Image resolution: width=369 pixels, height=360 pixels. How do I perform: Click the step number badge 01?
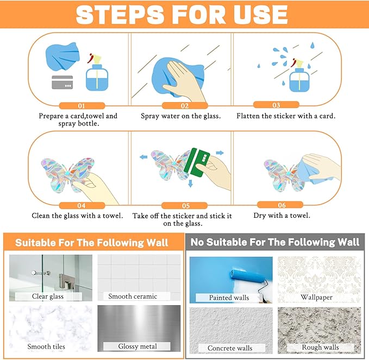(x=81, y=106)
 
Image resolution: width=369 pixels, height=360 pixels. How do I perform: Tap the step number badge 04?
(x=81, y=206)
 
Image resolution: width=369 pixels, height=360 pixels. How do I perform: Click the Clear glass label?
(x=48, y=296)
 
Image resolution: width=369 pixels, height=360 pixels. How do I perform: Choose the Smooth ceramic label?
(x=133, y=296)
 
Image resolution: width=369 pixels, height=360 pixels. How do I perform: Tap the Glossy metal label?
(x=137, y=346)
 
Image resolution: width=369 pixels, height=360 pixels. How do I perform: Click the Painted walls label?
(x=229, y=298)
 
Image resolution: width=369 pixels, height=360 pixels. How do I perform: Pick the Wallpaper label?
(x=316, y=298)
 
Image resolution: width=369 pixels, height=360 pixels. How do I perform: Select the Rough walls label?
(x=320, y=347)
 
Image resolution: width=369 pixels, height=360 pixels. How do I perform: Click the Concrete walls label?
(x=229, y=348)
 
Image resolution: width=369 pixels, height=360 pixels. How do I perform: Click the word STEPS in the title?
(x=122, y=15)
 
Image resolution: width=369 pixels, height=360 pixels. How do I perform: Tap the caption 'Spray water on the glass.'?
(x=180, y=116)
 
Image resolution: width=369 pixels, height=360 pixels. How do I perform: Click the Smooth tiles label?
(x=48, y=346)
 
